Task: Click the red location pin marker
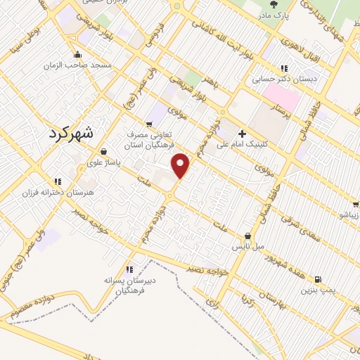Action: (181, 165)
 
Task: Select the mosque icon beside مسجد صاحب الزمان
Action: (77, 54)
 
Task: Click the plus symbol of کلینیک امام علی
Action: (243, 133)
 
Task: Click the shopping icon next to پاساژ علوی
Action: (104, 151)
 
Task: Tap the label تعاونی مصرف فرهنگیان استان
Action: (155, 137)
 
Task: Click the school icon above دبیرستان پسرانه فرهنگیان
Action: (129, 269)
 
